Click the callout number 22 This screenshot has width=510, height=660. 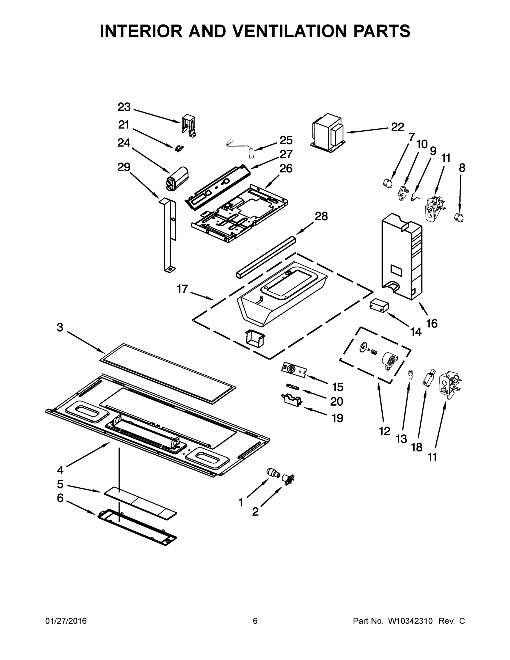click(x=397, y=127)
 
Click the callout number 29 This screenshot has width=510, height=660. click(x=124, y=167)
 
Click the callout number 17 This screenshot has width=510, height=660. click(x=183, y=289)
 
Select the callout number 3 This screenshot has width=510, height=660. click(x=60, y=327)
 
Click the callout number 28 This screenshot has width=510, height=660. click(x=321, y=216)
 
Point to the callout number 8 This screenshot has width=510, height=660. click(x=462, y=168)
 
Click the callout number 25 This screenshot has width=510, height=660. click(x=286, y=140)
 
